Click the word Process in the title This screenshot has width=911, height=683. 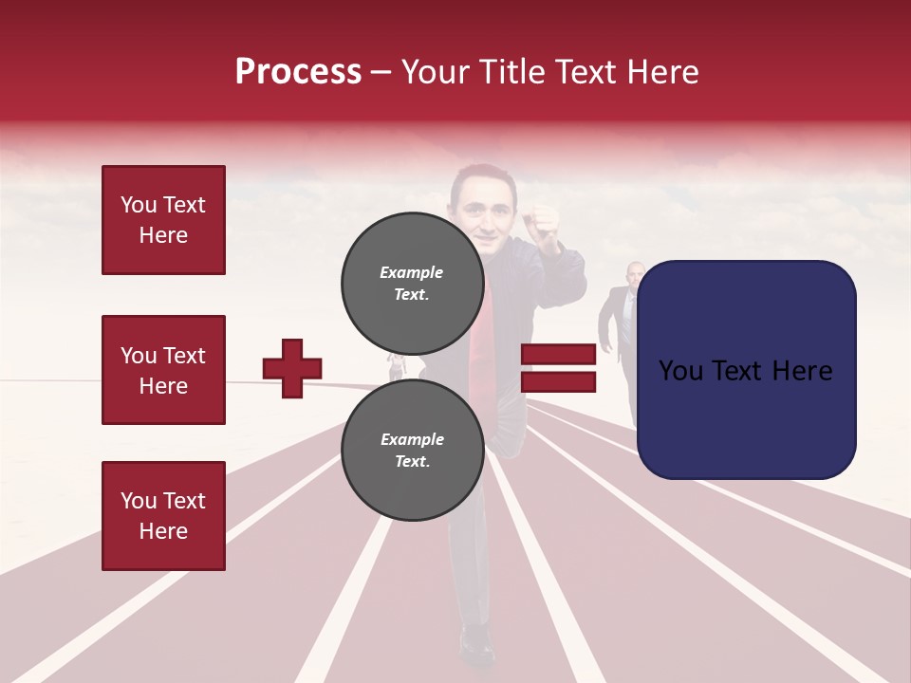tap(298, 72)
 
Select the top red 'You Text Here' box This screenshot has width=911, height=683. tap(163, 220)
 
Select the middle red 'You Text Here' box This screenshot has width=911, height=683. tap(163, 370)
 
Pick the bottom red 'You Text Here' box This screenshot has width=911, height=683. tap(163, 516)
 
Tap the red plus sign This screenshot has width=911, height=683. tap(292, 368)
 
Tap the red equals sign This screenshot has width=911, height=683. tap(559, 368)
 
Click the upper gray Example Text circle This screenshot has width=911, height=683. tap(412, 283)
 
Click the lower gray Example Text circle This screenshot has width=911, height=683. tap(412, 450)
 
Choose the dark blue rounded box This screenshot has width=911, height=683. tap(746, 369)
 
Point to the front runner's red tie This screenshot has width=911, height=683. tap(483, 327)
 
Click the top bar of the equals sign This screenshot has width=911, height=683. tap(559, 355)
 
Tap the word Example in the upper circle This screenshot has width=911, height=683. tap(412, 272)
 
